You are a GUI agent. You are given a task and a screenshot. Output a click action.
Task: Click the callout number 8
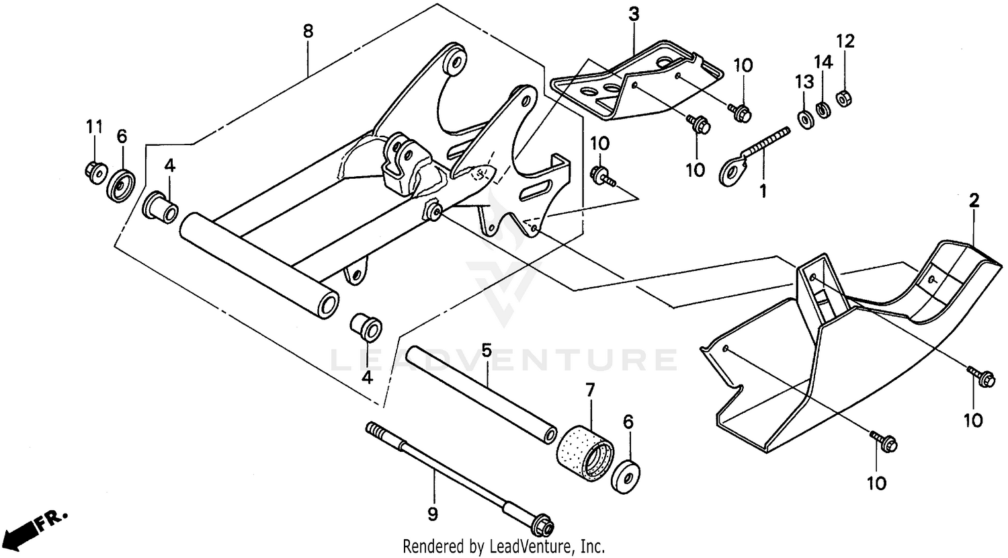click(x=308, y=30)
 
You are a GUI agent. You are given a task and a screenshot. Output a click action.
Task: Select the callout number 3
click(x=633, y=14)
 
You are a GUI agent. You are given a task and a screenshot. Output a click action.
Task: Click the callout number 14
click(x=824, y=63)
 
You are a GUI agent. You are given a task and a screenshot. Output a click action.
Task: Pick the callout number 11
click(x=94, y=126)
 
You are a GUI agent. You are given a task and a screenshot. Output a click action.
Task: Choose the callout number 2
click(x=974, y=200)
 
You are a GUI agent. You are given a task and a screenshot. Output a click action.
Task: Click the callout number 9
click(x=433, y=514)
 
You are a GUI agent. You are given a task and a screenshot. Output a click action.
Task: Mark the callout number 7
click(x=590, y=389)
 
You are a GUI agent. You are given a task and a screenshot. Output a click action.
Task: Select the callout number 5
click(x=487, y=350)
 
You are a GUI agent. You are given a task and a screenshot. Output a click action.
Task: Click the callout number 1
click(x=763, y=191)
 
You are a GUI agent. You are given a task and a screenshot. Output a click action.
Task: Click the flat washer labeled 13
click(x=804, y=118)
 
